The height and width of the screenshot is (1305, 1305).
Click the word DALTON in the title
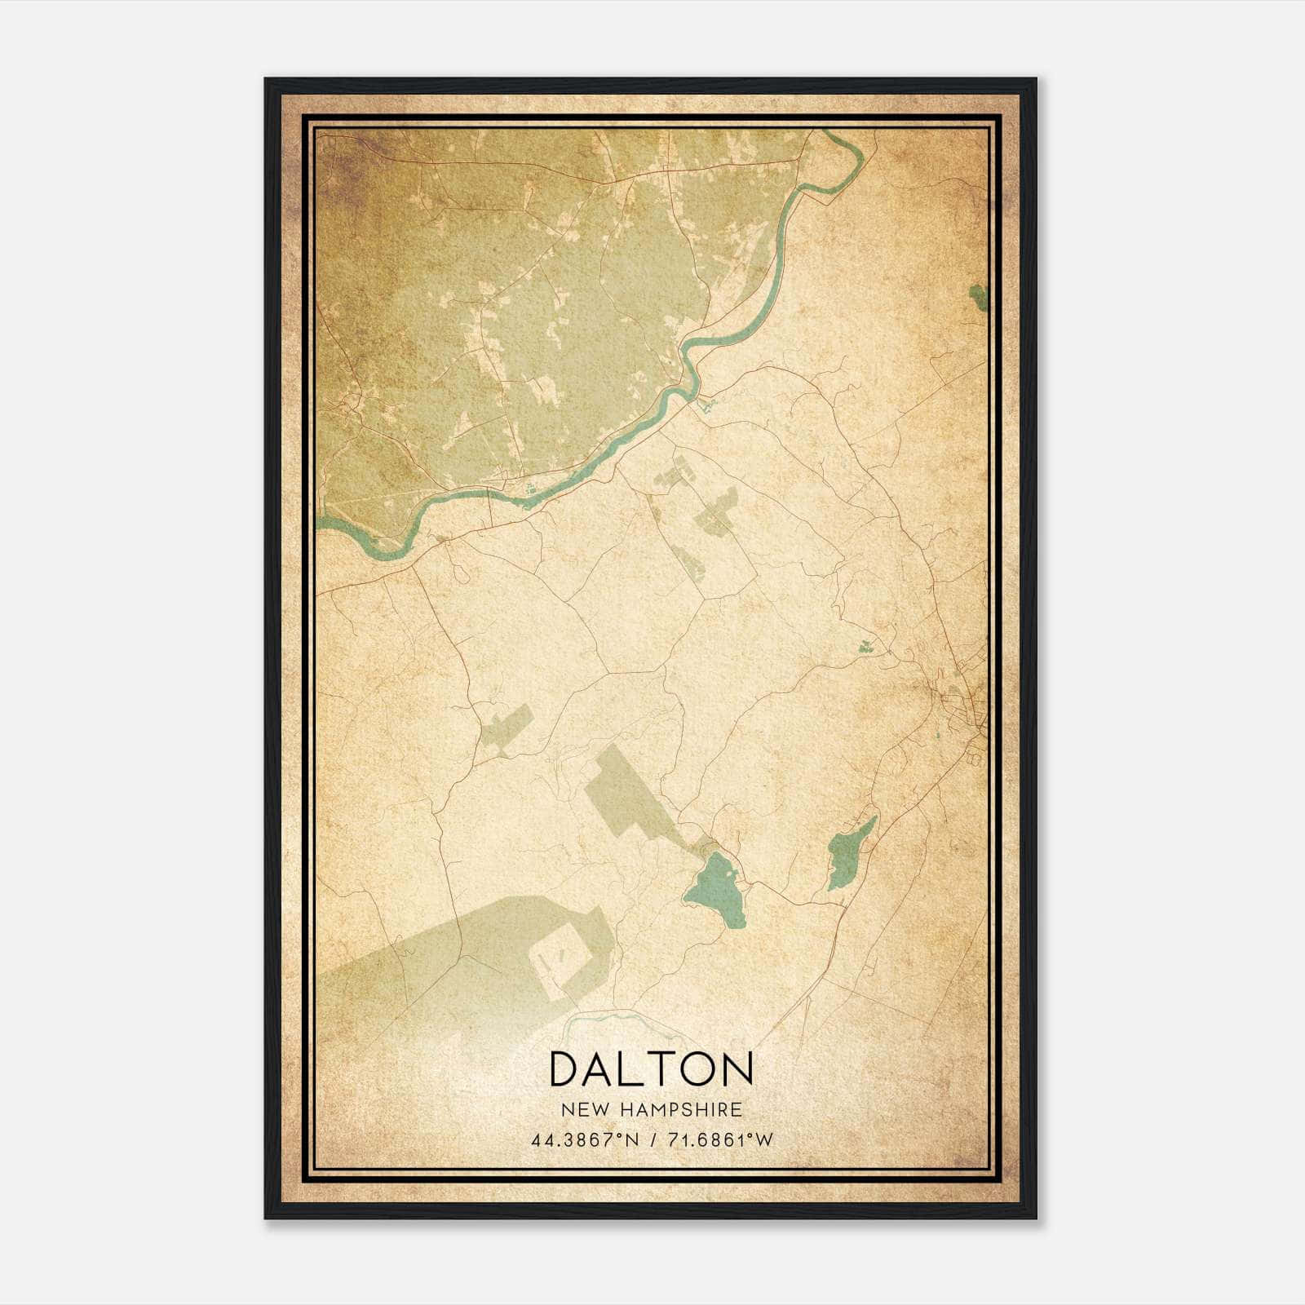coord(651,1068)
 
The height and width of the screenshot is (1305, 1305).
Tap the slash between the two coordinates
coord(652,1140)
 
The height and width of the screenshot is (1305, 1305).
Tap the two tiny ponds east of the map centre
coord(865,647)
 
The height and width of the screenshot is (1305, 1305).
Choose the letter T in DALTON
coord(654,1068)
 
